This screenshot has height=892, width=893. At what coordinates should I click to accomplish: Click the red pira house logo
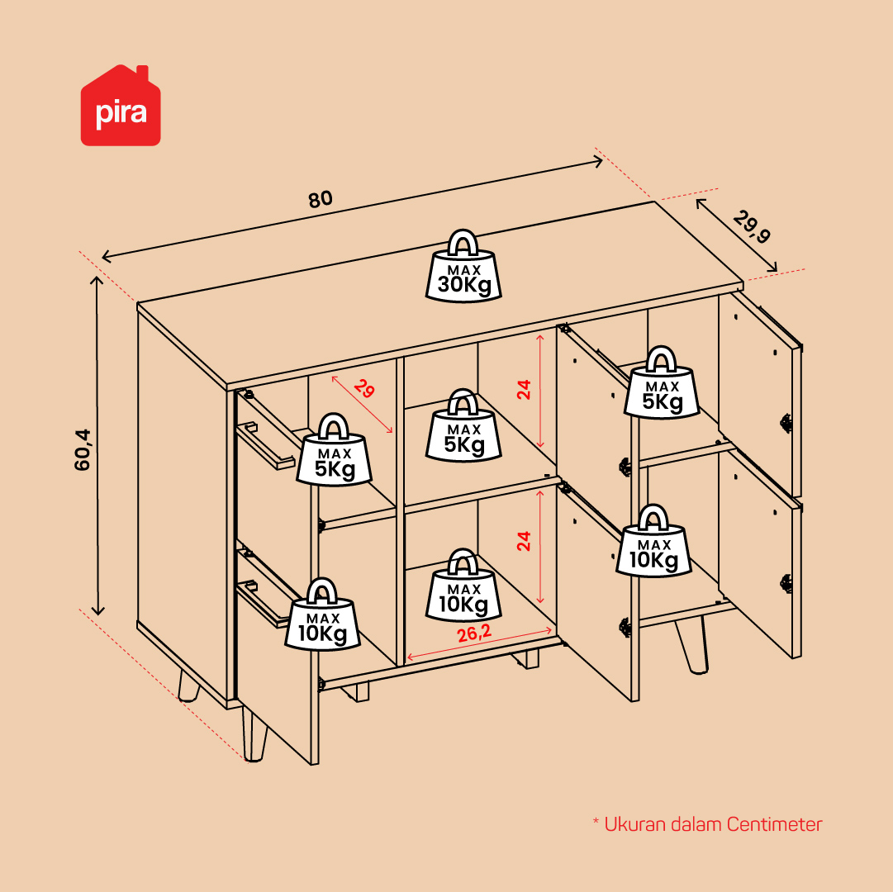click(x=121, y=106)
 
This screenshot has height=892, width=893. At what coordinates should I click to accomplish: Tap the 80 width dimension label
click(x=320, y=199)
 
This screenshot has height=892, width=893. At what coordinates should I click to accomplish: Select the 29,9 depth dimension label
click(x=752, y=226)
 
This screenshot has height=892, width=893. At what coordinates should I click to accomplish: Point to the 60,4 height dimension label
click(x=83, y=449)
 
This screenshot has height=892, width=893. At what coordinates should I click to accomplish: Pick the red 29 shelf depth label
click(x=364, y=389)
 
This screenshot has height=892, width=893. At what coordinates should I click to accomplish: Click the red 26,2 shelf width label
click(x=474, y=633)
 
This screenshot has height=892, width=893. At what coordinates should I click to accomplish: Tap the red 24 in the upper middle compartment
click(x=524, y=389)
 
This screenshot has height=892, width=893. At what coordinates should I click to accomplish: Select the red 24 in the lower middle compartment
click(x=524, y=541)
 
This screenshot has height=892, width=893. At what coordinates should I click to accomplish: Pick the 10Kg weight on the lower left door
click(x=322, y=614)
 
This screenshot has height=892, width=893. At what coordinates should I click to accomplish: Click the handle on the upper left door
click(x=266, y=444)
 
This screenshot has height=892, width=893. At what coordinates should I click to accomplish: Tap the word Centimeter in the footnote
click(x=775, y=824)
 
